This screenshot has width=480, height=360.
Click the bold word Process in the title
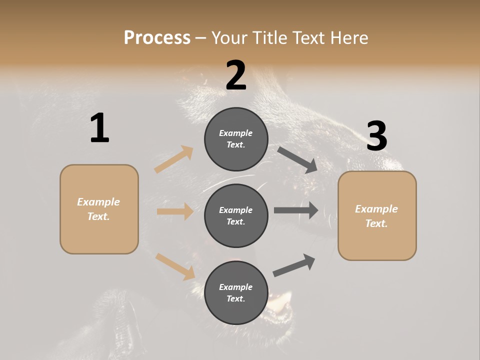pos(157,37)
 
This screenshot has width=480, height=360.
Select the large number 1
pos(99,128)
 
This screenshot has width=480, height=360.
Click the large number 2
pos(236,75)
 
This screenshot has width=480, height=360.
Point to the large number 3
pos(376,136)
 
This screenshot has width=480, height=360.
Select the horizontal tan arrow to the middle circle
pos(175,211)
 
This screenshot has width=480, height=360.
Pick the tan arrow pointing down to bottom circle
pos(175,266)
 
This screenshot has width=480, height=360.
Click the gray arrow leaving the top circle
pos(297,159)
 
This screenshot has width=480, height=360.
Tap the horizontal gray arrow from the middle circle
pos(296,210)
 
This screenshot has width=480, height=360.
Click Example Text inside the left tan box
pos(98,209)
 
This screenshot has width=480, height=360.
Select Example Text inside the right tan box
pos(376,216)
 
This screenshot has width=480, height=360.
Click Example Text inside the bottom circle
pos(236,293)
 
